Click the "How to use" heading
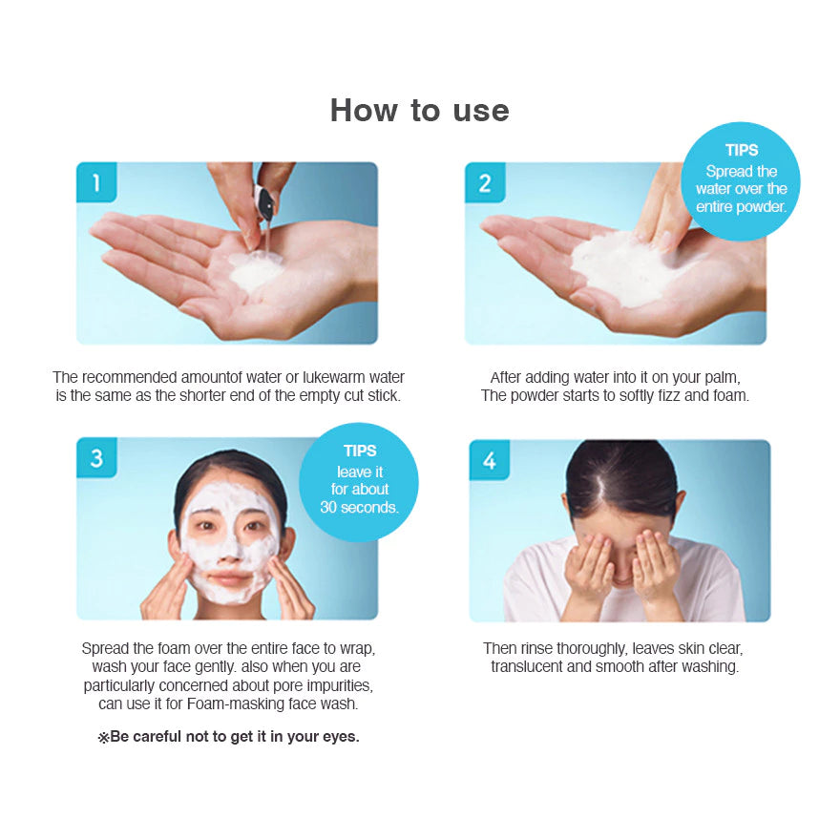coord(419,110)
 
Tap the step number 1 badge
coord(96,181)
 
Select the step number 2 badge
coord(485,181)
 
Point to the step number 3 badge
coord(96,458)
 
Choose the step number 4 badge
coord(489,460)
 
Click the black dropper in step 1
coord(263,203)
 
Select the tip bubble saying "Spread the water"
coord(742,180)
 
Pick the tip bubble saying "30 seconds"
coord(359,481)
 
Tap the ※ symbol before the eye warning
coord(103,738)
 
